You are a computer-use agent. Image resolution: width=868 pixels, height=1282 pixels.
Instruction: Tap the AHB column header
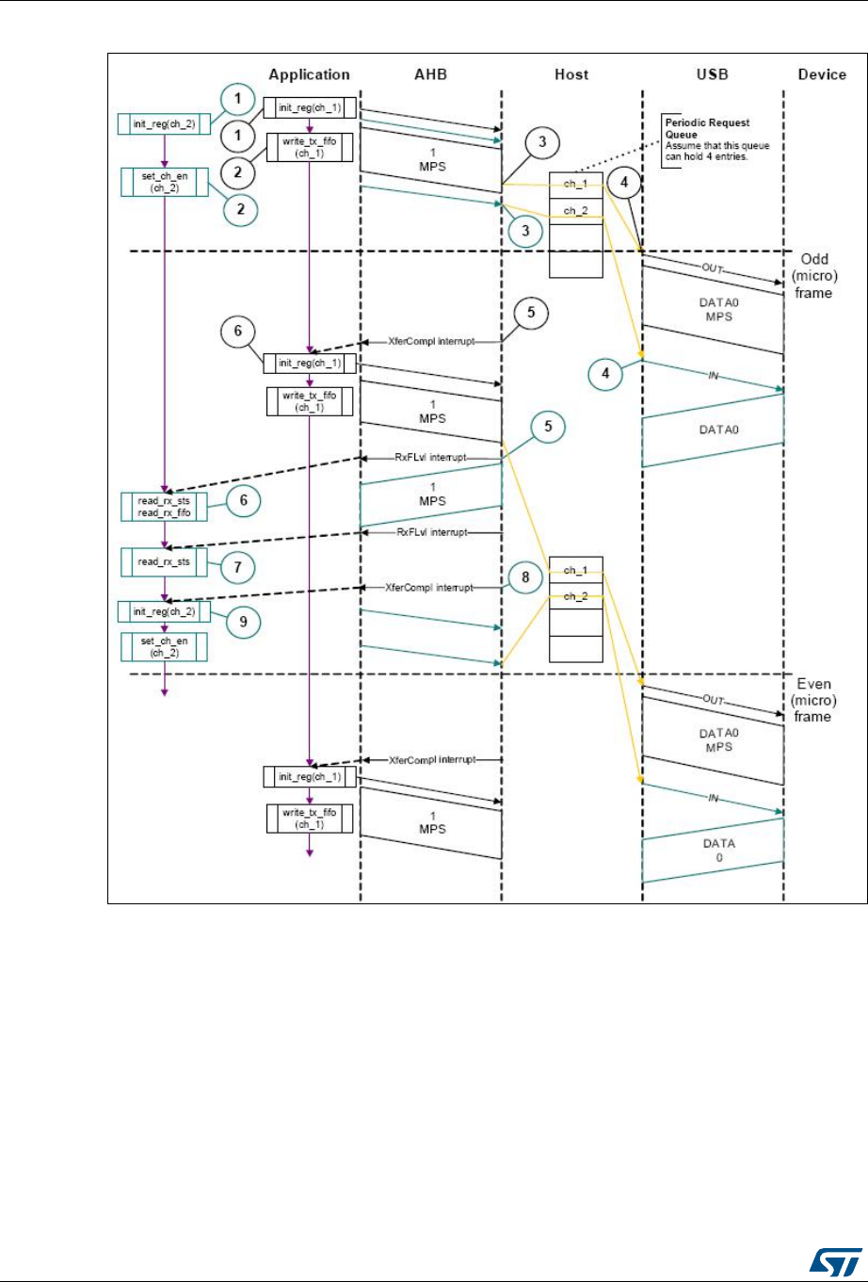pos(429,74)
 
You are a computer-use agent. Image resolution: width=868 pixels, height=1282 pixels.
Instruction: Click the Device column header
pos(821,74)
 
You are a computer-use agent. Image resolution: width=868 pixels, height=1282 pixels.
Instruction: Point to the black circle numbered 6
pos(240,332)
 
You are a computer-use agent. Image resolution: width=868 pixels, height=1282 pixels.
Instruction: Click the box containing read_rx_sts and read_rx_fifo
pos(164,506)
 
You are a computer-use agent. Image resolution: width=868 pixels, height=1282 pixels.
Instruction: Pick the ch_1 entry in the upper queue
pos(575,184)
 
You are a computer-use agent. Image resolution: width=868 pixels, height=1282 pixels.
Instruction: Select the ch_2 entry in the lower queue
pos(575,596)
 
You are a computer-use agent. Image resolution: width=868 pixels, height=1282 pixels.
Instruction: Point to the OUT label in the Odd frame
pos(713,268)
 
